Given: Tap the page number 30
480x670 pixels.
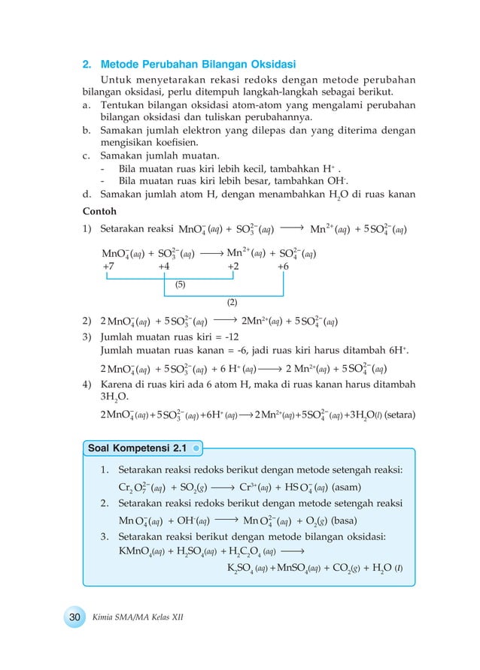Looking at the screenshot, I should pyautogui.click(x=74, y=616).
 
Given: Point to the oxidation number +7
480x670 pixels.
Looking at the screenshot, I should pyautogui.click(x=109, y=266).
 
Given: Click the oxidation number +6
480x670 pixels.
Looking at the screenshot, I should pyautogui.click(x=283, y=266).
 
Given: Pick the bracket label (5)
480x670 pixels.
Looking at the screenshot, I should pyautogui.click(x=181, y=285).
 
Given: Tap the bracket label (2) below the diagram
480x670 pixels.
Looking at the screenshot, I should pyautogui.click(x=232, y=302).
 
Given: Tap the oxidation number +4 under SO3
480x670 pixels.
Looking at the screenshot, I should pyautogui.click(x=164, y=266).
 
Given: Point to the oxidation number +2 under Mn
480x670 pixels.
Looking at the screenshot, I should pyautogui.click(x=234, y=266).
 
